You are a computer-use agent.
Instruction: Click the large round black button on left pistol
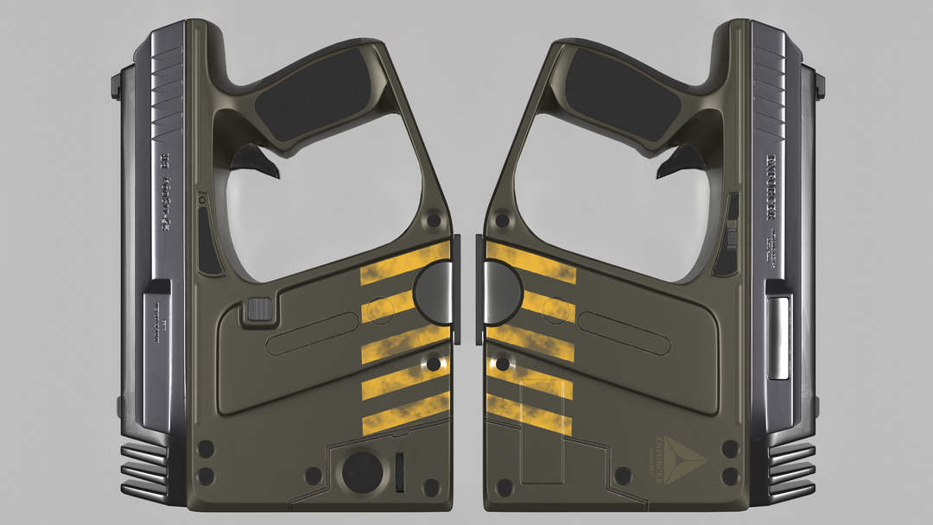pyautogui.click(x=362, y=471)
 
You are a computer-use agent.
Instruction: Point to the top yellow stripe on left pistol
pyautogui.click(x=405, y=263)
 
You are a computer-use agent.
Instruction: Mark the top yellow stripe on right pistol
pyautogui.click(x=529, y=263)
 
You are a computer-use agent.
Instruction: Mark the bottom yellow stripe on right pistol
pyautogui.click(x=529, y=414)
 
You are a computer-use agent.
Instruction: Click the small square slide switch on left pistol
pyautogui.click(x=257, y=309)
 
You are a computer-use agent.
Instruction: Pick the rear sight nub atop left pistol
pyautogui.click(x=116, y=84)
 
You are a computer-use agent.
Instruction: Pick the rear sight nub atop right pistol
pyautogui.click(x=818, y=84)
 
